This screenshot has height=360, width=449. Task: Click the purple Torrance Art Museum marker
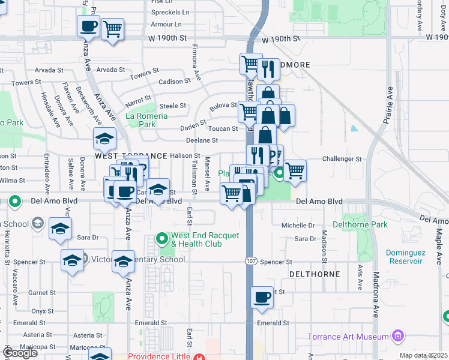[x=397, y=337]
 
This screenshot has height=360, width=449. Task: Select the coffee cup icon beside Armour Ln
[x=89, y=26]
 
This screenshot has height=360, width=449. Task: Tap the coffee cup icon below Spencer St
[x=262, y=297]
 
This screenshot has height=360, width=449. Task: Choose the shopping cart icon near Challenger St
[x=294, y=170]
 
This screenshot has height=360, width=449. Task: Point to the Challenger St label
[x=341, y=159]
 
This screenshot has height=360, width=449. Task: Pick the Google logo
[x=20, y=353]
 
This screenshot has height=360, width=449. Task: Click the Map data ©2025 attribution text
[x=423, y=355]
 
